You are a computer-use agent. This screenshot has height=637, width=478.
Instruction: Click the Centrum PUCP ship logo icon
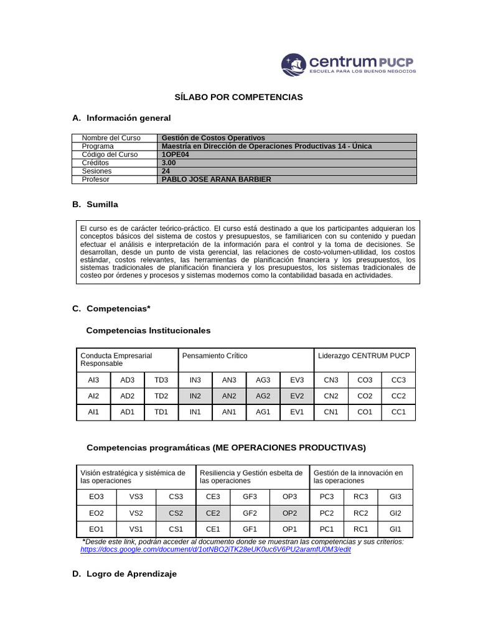point(294,65)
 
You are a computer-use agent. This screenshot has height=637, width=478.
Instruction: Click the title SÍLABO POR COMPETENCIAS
point(238,98)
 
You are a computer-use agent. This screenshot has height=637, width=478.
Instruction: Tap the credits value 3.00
point(169,163)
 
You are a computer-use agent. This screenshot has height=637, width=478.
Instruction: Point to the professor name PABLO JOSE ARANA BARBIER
point(216,180)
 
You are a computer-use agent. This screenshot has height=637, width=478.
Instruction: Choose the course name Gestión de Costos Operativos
point(213,138)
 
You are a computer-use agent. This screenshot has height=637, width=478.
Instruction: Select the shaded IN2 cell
point(195,396)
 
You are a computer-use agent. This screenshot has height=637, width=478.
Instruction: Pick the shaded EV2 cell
point(297,396)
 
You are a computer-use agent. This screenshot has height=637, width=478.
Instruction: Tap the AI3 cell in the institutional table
point(93,379)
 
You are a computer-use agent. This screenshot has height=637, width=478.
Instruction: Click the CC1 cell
point(398,412)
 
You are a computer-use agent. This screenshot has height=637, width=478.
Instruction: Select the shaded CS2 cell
point(176,513)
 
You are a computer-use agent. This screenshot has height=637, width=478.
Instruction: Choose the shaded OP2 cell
point(289,513)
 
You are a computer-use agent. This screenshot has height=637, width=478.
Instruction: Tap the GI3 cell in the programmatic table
point(395,497)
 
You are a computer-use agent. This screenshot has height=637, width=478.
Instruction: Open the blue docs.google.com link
point(215,551)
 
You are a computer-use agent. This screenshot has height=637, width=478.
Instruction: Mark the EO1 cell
point(96,529)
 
